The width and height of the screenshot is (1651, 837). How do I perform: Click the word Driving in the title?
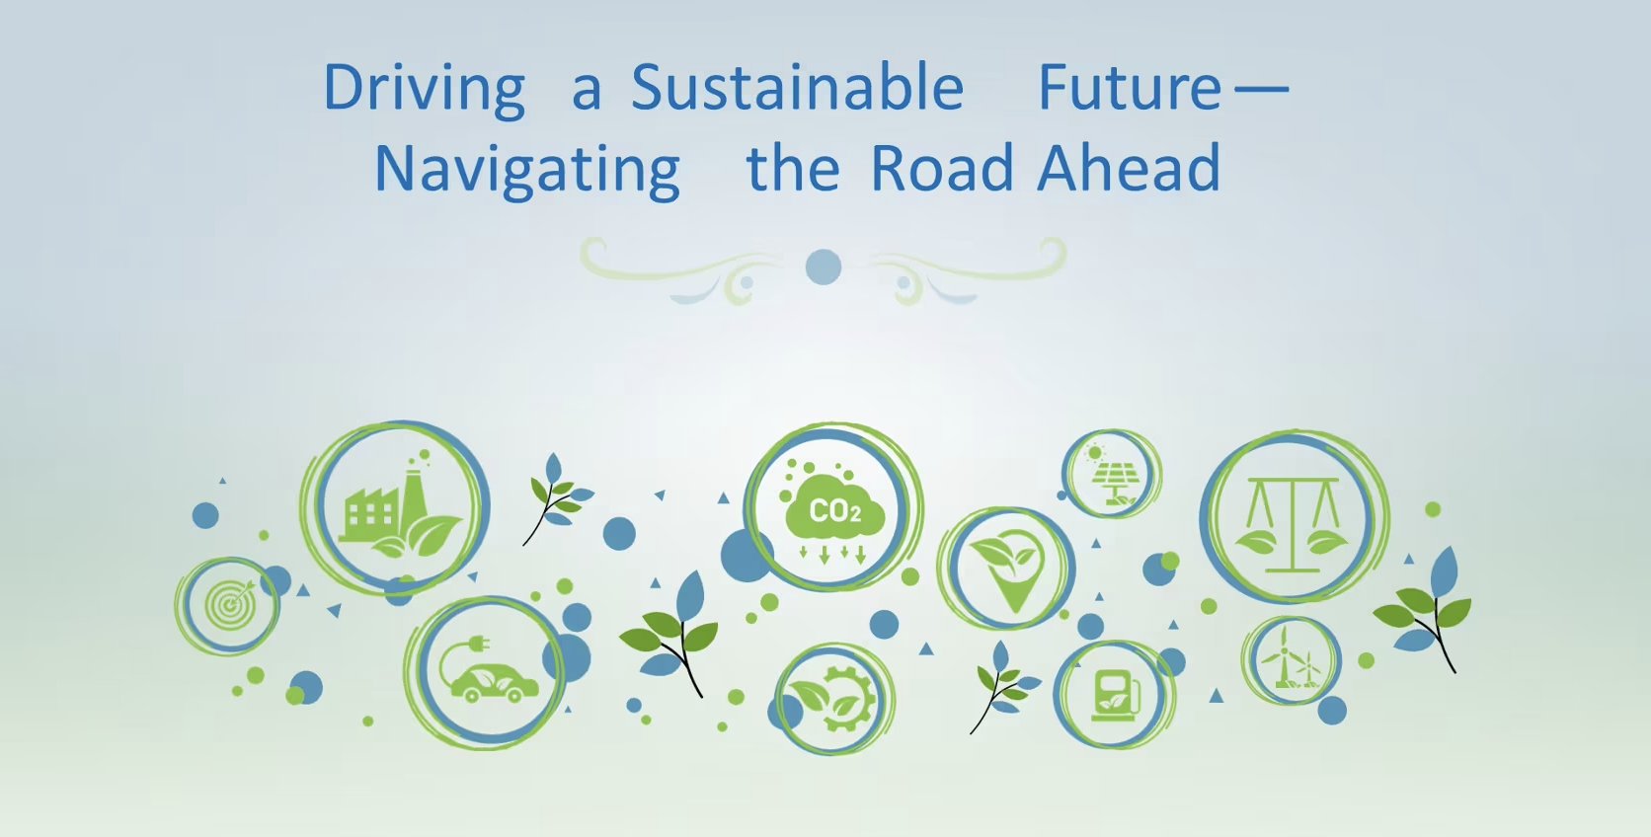tap(424, 89)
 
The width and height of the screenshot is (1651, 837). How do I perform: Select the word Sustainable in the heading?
tap(797, 87)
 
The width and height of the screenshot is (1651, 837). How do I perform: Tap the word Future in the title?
tap(1130, 87)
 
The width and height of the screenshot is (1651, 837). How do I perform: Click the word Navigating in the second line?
tap(527, 169)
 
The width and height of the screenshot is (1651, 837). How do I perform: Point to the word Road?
tap(942, 168)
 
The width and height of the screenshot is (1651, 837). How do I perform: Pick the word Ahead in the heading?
tap(1129, 168)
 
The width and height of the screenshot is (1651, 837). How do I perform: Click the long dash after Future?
tap(1261, 87)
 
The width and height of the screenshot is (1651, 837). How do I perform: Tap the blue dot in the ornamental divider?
tap(824, 266)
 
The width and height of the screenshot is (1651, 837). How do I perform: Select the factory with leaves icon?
tap(398, 507)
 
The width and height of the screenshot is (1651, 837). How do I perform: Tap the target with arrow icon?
tap(229, 603)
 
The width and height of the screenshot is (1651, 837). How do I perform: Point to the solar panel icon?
tap(1113, 476)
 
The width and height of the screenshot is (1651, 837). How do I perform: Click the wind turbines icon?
tap(1290, 659)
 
